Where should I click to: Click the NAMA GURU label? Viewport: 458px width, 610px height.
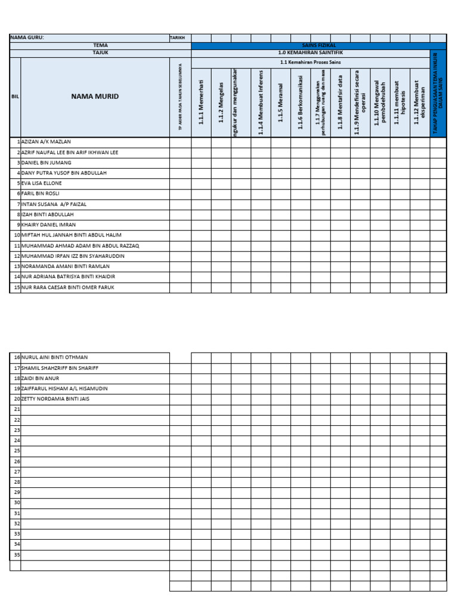click(x=27, y=38)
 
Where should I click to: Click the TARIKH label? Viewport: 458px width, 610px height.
click(x=178, y=38)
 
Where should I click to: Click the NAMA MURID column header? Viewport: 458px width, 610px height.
click(x=95, y=97)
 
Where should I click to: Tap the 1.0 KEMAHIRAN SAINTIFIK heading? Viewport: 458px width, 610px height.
click(x=311, y=52)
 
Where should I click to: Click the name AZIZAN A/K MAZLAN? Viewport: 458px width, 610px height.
click(x=46, y=142)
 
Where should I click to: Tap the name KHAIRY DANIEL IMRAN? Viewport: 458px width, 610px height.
click(x=48, y=225)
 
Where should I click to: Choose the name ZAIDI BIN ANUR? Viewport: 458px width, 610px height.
click(x=41, y=378)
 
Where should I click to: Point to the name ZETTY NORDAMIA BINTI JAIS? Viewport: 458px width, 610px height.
click(x=55, y=399)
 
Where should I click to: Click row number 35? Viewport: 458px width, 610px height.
click(x=17, y=555)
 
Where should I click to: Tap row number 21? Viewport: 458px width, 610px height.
click(x=17, y=409)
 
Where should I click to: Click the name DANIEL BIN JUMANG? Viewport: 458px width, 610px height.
click(x=46, y=163)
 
